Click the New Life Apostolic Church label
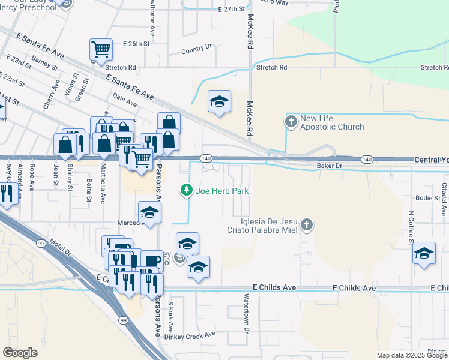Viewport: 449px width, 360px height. pyautogui.click(x=333, y=122)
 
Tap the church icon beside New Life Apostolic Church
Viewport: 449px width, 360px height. pyautogui.click(x=291, y=122)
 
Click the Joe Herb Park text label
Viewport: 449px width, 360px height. pyautogui.click(x=222, y=191)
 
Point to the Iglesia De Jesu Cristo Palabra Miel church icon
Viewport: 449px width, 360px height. pyautogui.click(x=306, y=225)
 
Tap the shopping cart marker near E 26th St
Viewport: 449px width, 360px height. pyautogui.click(x=101, y=50)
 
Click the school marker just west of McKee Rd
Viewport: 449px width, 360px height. pyautogui.click(x=220, y=101)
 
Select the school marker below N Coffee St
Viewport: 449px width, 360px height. pyautogui.click(x=424, y=253)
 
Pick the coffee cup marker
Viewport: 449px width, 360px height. pyautogui.click(x=152, y=261)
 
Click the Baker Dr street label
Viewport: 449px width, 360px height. pyautogui.click(x=330, y=165)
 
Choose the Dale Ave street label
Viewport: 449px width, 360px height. pyautogui.click(x=125, y=100)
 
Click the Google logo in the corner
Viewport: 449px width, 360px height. pyautogui.click(x=20, y=353)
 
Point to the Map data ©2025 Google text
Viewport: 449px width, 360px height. pyautogui.click(x=412, y=355)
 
